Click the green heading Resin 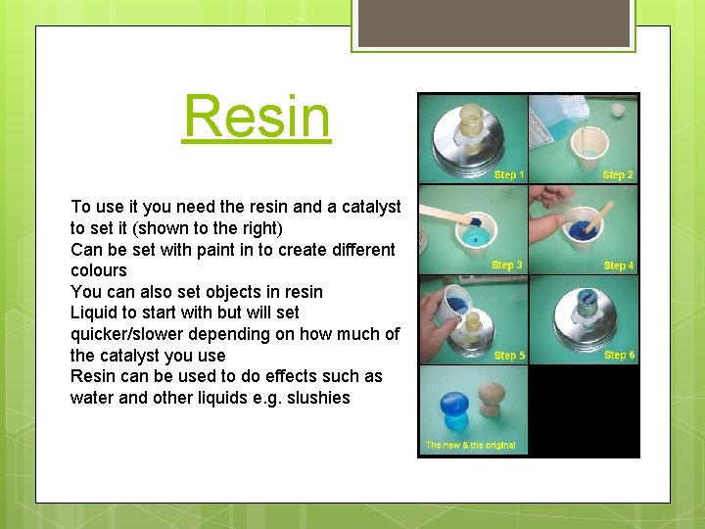(x=257, y=117)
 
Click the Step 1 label (x=508, y=175)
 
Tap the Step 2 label (x=618, y=175)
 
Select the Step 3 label (x=506, y=265)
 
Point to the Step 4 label (x=618, y=265)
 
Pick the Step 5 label (x=508, y=356)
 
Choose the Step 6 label (x=619, y=356)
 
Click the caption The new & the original (x=470, y=446)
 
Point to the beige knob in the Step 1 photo (x=471, y=121)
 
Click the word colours (x=99, y=270)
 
